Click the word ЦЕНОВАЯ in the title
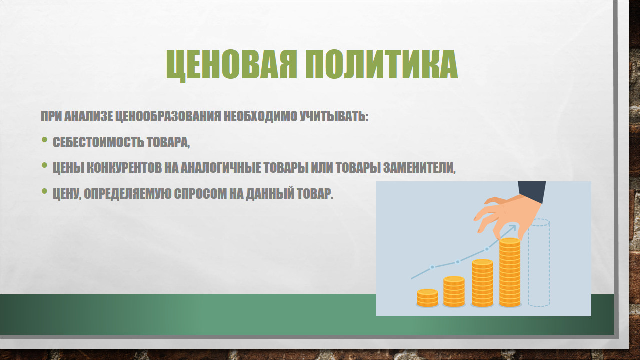click(231, 65)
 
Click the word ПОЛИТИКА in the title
click(381, 64)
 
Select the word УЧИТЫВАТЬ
click(334, 116)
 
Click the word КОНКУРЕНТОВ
click(124, 168)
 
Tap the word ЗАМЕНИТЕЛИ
click(419, 168)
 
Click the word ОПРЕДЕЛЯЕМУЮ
click(127, 194)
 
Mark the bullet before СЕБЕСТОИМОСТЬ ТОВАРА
click(44, 140)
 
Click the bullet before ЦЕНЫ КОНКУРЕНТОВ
click(44, 165)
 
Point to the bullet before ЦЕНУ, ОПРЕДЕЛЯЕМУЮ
click(44, 191)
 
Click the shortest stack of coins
click(427, 298)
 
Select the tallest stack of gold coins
click(510, 272)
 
